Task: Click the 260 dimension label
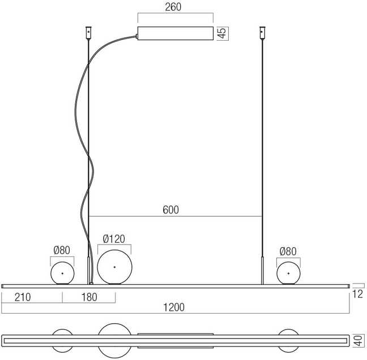pos(173,7)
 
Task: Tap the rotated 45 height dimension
pos(222,33)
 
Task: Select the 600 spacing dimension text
pos(170,210)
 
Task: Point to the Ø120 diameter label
pos(114,239)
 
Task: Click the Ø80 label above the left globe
pos(62,250)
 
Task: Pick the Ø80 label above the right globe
pos(288,251)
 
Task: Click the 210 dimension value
pos(23,297)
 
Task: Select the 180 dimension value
pos(89,297)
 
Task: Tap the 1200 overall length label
pos(174,307)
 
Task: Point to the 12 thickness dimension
pos(357,294)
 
